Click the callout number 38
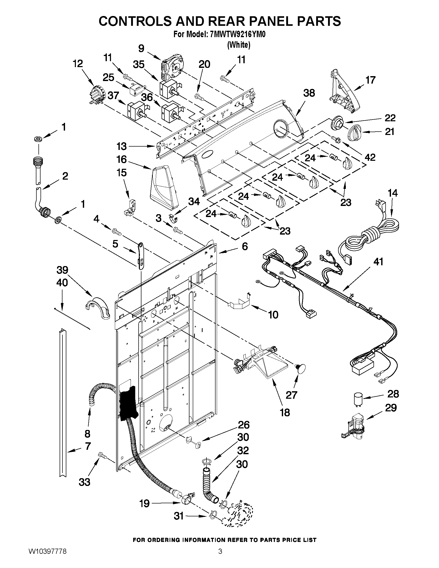pos(309,93)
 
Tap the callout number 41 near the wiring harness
pos(378,262)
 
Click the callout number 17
pos(370,80)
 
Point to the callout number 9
pos(141,49)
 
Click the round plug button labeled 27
pos(300,369)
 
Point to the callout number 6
pos(245,246)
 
